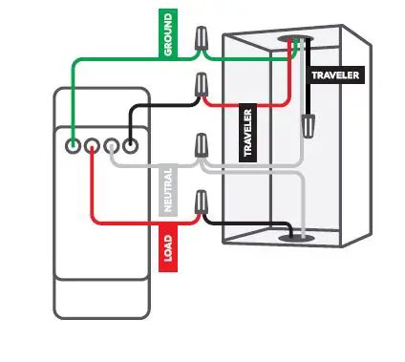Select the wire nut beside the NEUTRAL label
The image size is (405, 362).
202,146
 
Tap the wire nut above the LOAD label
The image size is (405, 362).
202,202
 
